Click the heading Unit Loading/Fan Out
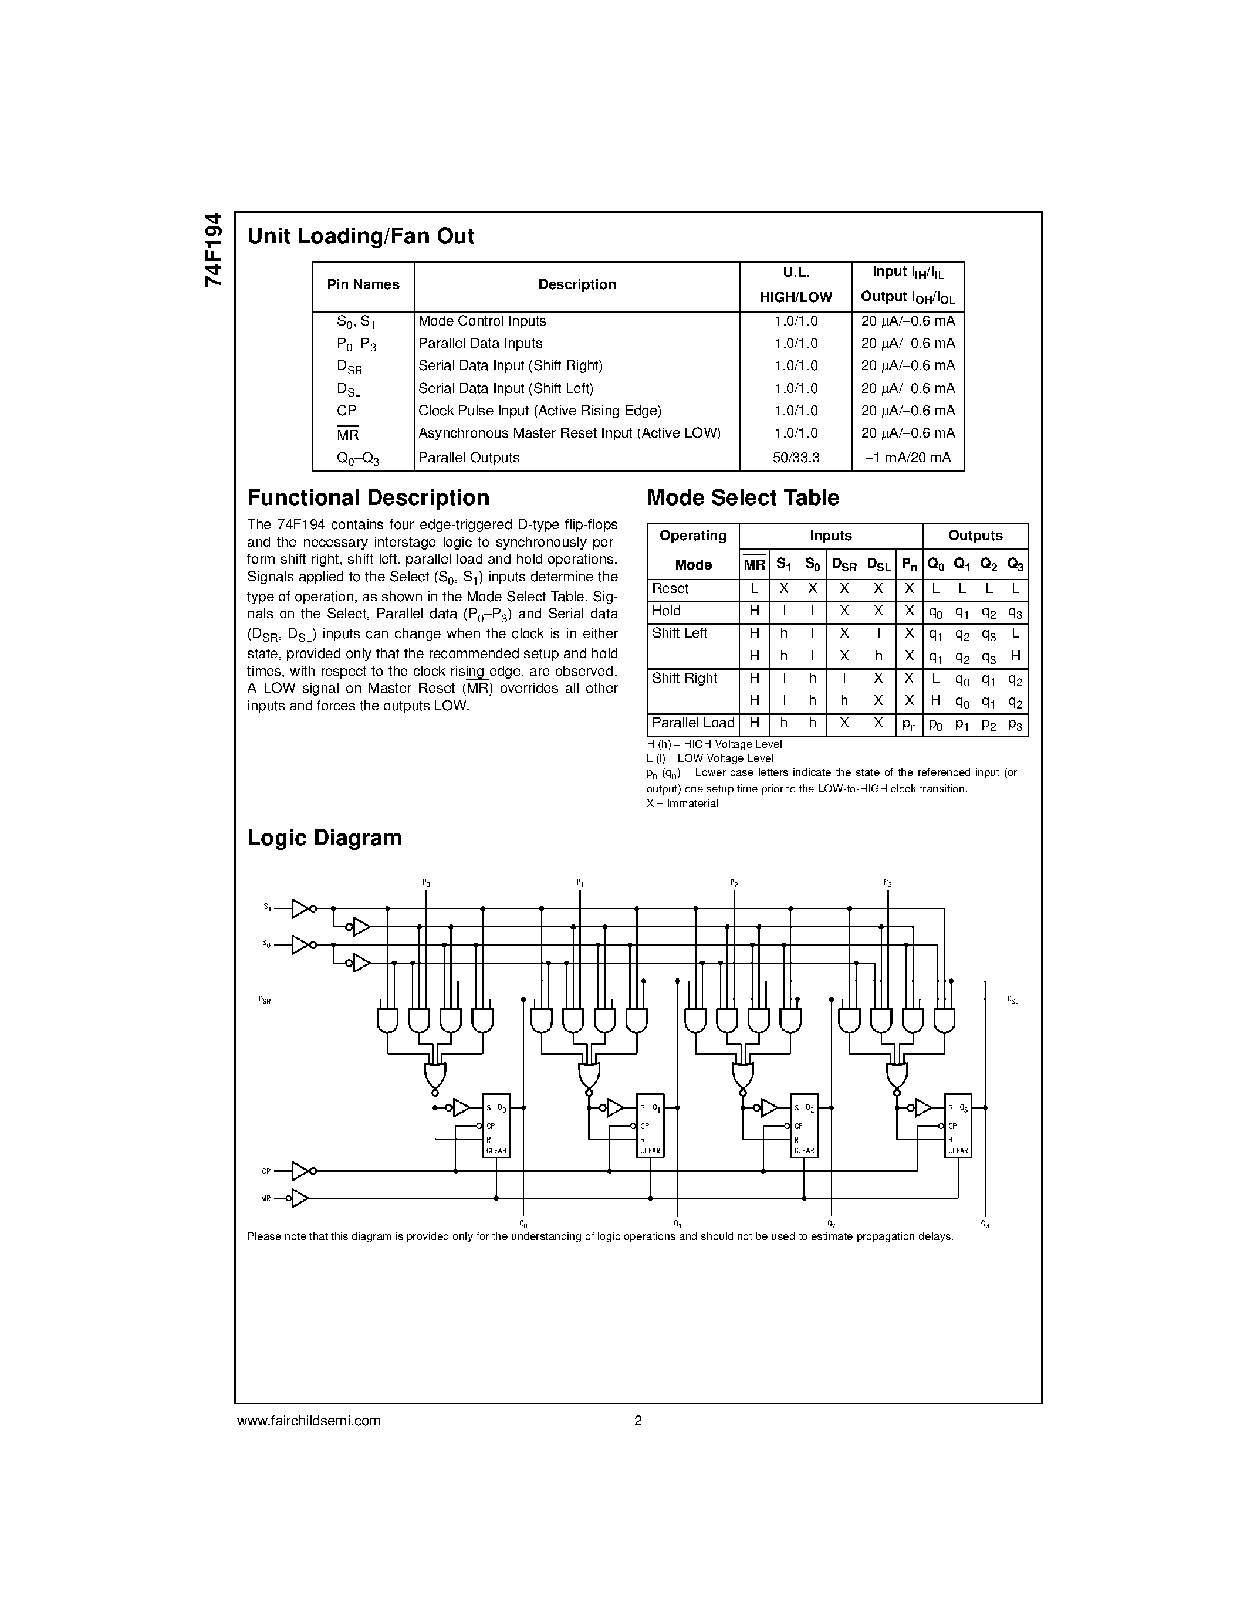pos(360,236)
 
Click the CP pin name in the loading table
pos(346,411)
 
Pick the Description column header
pos(576,285)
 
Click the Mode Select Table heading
pos(742,498)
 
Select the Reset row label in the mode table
pos(670,589)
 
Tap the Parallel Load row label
pos(693,723)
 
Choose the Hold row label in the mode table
pos(667,611)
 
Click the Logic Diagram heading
pos(325,838)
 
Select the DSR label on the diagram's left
pos(265,1000)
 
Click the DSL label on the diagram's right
pos(1012,1000)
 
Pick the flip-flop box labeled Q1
pos(650,1125)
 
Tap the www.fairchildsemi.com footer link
pos(309,1420)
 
